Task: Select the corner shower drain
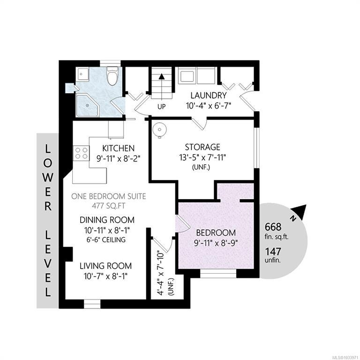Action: pos(87,105)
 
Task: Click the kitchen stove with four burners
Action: pos(81,153)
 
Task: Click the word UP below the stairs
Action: pos(162,107)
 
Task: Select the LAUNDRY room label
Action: pos(209,95)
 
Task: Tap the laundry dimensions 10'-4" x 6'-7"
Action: pos(208,105)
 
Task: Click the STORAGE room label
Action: pos(202,147)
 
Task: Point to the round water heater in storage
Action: pos(159,130)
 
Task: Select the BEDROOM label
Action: pos(216,233)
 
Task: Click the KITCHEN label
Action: pos(118,148)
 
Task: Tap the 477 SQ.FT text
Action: pos(109,206)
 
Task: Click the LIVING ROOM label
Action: pos(105,266)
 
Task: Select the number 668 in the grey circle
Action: pos(273,227)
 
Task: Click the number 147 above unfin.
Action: pos(273,251)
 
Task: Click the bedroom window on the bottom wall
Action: pos(218,274)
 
